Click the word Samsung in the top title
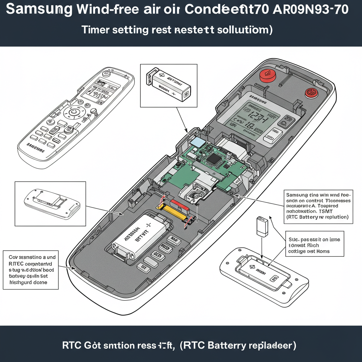[x=39, y=9]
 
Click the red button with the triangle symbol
[x=267, y=75]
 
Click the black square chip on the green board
[x=214, y=159]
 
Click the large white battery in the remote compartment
[x=139, y=237]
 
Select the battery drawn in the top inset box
[x=169, y=85]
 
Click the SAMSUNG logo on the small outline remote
[x=36, y=147]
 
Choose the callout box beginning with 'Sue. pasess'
[x=314, y=245]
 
